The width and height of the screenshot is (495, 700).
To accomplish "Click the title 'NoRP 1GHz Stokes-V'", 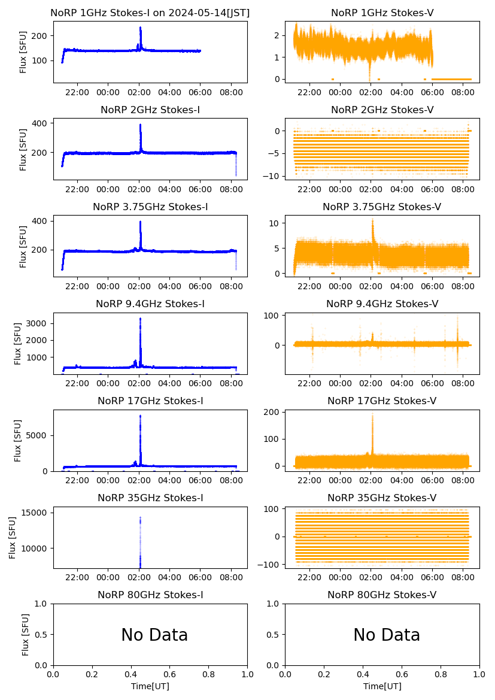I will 382,13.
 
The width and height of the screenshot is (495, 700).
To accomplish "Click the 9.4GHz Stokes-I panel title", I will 150,304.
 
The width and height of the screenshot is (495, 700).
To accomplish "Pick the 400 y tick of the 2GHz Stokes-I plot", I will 42,123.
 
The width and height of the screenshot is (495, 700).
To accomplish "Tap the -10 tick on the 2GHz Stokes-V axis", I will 275,175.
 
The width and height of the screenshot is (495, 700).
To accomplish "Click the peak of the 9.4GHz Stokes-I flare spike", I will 140,319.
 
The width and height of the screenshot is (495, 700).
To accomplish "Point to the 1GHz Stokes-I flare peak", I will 140,28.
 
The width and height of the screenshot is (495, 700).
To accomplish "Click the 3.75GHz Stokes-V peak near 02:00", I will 372,219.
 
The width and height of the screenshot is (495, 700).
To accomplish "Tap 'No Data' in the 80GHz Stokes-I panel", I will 154,635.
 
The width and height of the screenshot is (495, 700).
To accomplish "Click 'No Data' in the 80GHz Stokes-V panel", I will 387,635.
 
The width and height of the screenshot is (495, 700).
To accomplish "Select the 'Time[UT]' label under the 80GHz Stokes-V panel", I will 382,686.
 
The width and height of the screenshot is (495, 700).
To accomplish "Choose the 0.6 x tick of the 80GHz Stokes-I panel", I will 170,674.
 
